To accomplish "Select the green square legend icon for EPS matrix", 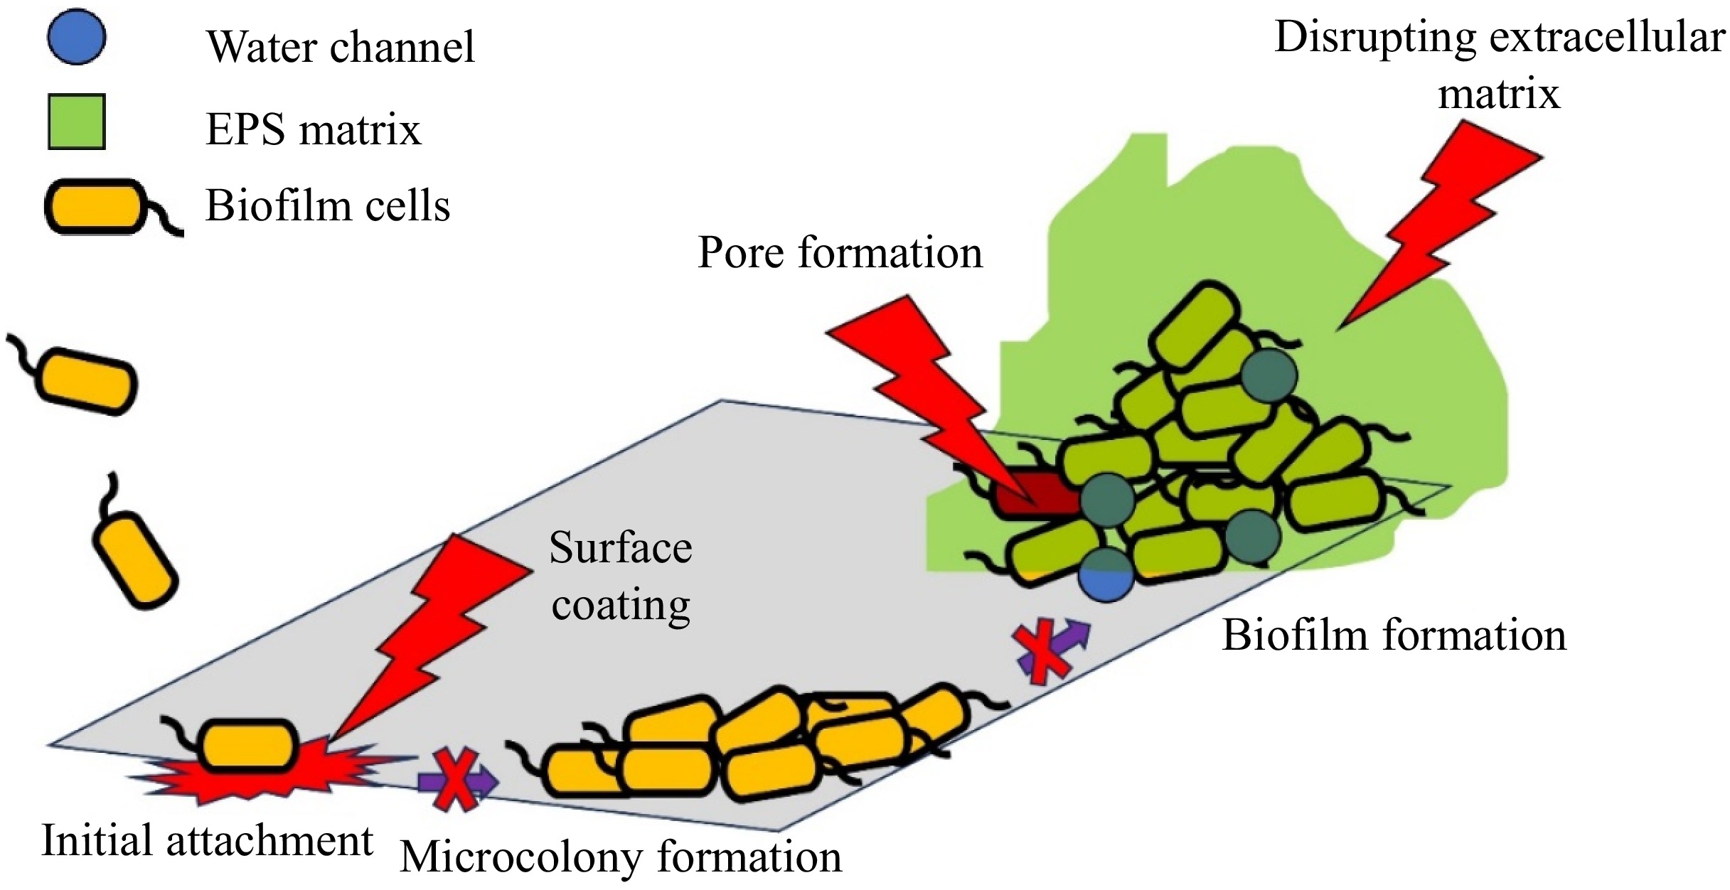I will click(76, 122).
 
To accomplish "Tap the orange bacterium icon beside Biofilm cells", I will click(92, 207).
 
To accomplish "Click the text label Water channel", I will click(340, 47).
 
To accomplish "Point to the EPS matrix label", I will click(313, 130).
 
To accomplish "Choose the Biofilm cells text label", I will click(327, 206).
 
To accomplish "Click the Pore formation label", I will click(840, 252).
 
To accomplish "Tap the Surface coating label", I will click(620, 576).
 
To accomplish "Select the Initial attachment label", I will click(207, 840).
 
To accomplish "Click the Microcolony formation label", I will click(620, 857).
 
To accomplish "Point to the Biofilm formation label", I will click(1394, 635).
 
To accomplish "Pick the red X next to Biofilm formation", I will click(1042, 650).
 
